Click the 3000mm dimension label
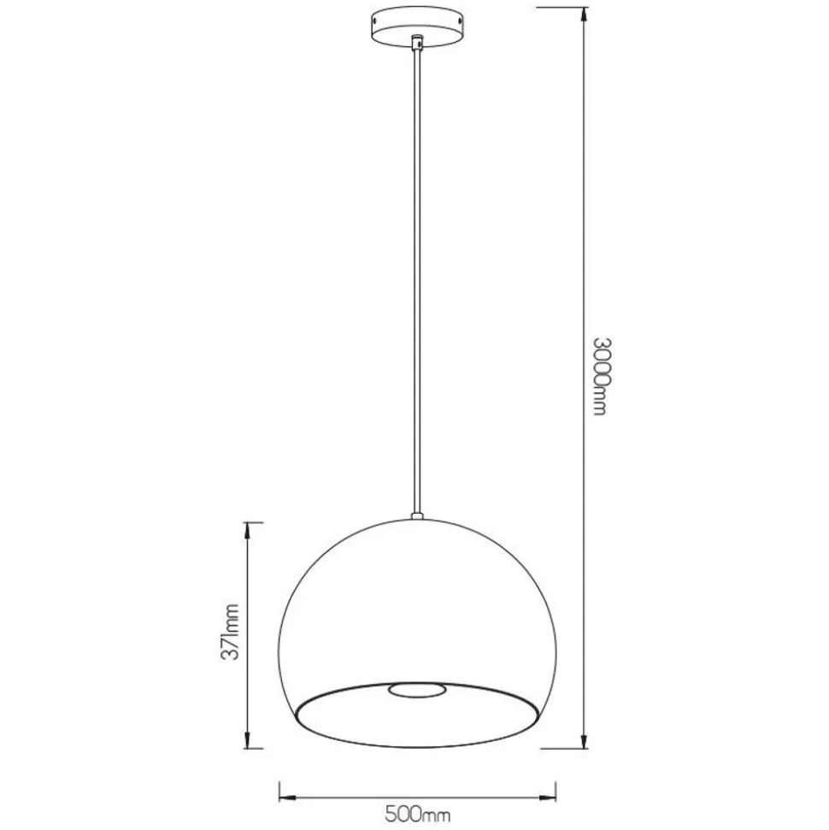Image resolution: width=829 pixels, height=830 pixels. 600,377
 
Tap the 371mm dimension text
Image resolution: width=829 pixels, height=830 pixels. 230,632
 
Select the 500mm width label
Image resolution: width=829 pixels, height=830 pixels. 418,813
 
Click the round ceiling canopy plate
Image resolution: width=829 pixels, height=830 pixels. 418,27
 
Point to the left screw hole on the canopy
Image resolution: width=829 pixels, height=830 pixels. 376,21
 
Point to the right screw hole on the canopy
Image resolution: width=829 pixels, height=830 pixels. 461,21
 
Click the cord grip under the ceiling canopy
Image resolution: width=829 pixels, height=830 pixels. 418,43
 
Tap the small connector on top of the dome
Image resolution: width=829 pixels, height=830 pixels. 418,515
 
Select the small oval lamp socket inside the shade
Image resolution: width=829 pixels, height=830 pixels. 417,690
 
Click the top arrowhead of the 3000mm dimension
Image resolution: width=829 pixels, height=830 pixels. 585,14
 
